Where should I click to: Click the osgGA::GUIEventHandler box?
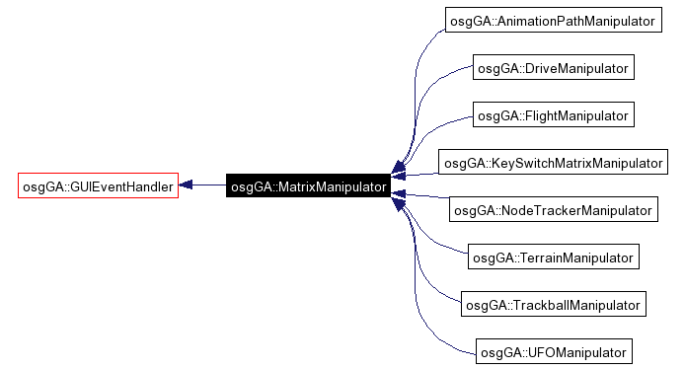pyautogui.click(x=98, y=185)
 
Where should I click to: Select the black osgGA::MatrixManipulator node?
pyautogui.click(x=307, y=185)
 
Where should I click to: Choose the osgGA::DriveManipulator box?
pyautogui.click(x=552, y=68)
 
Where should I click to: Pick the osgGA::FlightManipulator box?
pyautogui.click(x=552, y=115)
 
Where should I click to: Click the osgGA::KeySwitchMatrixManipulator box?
pyautogui.click(x=553, y=163)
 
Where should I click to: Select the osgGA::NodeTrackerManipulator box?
pyautogui.click(x=552, y=210)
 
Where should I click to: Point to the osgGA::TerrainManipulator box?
pyautogui.click(x=552, y=258)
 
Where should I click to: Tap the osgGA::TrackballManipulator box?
pyautogui.click(x=553, y=305)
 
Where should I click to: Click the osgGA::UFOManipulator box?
pyautogui.click(x=552, y=352)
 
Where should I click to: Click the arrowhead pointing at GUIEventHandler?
pyautogui.click(x=186, y=185)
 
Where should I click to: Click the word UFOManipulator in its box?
pyautogui.click(x=573, y=352)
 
